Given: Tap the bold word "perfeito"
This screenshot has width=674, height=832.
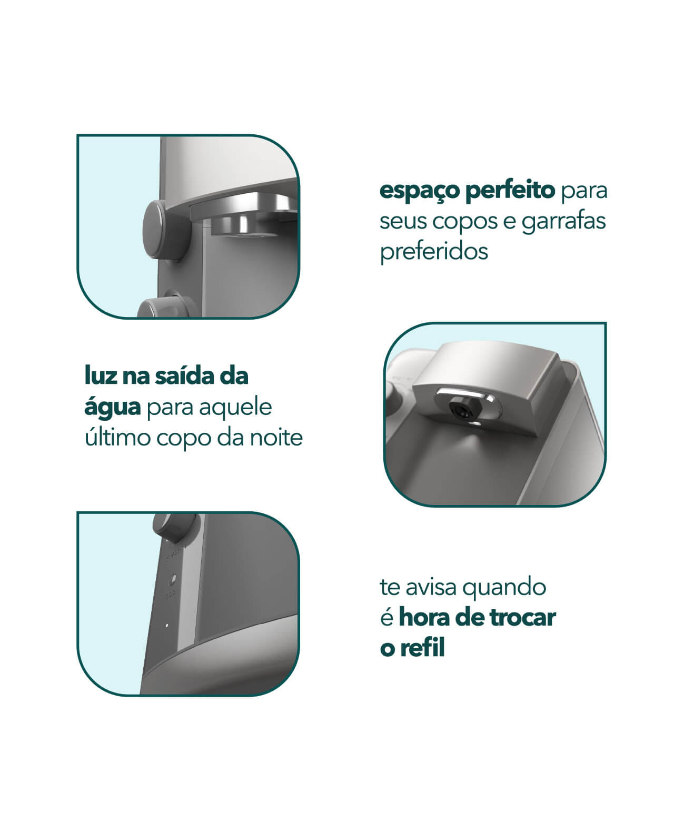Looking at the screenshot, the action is click(510, 190).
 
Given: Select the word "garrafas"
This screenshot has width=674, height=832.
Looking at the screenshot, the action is click(563, 222).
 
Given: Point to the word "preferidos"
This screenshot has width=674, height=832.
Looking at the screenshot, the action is click(434, 252).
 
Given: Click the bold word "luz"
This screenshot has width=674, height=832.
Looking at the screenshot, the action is click(101, 376).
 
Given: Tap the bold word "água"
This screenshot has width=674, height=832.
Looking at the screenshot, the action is click(113, 408).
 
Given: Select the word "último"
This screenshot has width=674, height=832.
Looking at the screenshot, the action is click(117, 438).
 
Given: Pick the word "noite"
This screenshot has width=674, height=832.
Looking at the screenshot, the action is click(276, 438).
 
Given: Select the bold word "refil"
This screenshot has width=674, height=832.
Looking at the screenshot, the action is click(422, 648).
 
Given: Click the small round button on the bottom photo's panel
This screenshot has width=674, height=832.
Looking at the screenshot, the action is click(172, 580).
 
